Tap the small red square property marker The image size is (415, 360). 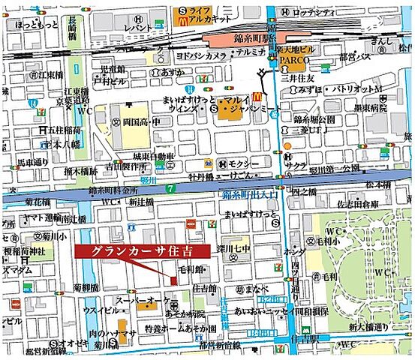[x=174, y=280]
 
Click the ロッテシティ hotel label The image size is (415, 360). [x=314, y=12]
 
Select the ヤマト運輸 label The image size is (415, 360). [x=38, y=217]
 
